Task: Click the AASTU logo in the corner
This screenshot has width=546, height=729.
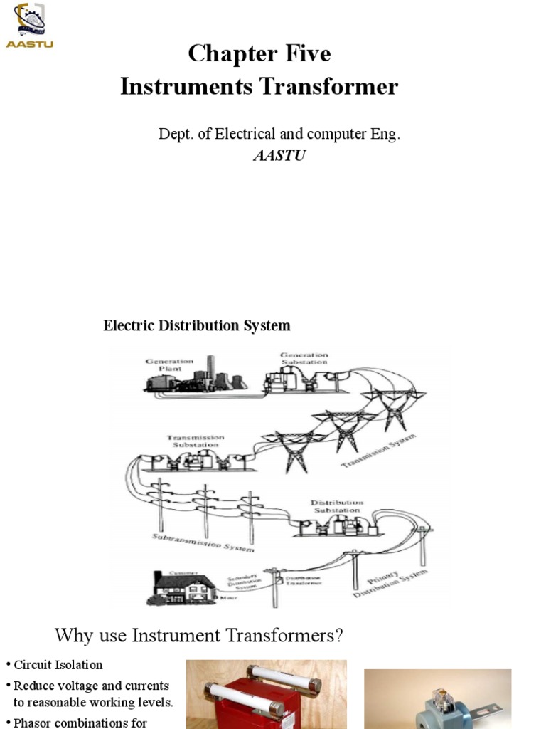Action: coord(29,26)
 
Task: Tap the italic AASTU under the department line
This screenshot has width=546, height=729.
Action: coord(279,155)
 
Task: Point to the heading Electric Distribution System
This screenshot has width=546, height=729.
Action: coord(197,326)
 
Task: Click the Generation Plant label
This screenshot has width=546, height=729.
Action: coord(169,364)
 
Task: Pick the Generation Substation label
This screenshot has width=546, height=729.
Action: coord(304,358)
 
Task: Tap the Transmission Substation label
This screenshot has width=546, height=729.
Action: coord(196,441)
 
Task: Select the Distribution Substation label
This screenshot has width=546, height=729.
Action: coord(338,506)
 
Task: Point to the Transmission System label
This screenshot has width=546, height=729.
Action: coord(376,452)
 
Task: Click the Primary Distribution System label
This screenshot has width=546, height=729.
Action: coord(390,583)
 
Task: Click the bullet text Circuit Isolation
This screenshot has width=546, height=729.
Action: coord(58,665)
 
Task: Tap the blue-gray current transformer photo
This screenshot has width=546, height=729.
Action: coord(437,701)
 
